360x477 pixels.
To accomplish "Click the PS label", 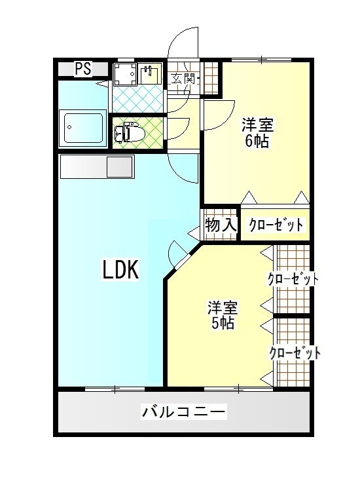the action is [x=83, y=69].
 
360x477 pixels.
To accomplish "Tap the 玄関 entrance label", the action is [x=183, y=79].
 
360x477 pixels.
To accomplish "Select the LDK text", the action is [x=120, y=269].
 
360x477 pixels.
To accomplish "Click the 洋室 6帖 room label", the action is [x=257, y=132].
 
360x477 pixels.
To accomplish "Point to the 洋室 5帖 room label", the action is [x=223, y=315].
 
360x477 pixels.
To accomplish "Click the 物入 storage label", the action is [x=221, y=225].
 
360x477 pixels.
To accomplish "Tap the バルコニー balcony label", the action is [x=184, y=411].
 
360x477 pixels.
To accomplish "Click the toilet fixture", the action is [x=126, y=132].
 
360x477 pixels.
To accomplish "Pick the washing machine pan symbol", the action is [x=124, y=73].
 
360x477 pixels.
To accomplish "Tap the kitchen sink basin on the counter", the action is [x=120, y=166].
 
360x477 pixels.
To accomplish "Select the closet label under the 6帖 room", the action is [x=276, y=225].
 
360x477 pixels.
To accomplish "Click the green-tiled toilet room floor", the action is [x=138, y=132].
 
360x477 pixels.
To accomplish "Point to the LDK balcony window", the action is [x=115, y=388].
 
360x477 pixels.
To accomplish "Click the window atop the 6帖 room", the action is [x=262, y=60].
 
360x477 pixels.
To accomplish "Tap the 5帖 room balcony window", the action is [x=238, y=388].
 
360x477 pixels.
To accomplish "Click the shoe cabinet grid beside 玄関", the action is [x=211, y=78].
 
